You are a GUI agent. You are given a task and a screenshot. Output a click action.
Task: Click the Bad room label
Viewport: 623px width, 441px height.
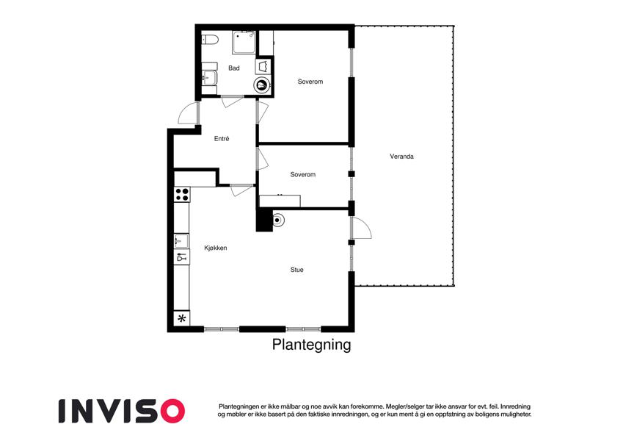point(233,68)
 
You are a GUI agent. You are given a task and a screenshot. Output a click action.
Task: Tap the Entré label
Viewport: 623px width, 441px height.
point(222,138)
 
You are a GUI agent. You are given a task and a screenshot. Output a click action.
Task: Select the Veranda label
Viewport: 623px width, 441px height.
point(401,157)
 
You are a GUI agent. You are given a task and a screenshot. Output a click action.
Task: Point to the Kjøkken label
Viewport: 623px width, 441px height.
point(215,248)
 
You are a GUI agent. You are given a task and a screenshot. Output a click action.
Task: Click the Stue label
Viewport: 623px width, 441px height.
point(296,270)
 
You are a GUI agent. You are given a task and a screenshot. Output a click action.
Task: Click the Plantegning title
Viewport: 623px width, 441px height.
point(311,344)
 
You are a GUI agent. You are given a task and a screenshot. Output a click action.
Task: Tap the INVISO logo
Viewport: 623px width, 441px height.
point(122,411)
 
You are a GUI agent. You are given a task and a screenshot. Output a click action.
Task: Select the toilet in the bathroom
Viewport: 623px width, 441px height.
point(210,40)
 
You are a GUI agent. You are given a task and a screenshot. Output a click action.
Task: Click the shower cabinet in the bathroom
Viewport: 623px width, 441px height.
point(244,42)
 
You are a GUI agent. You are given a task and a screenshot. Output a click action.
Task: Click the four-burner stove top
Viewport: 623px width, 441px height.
point(182,195)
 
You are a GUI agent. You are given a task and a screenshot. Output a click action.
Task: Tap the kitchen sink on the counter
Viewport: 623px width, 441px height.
point(181,241)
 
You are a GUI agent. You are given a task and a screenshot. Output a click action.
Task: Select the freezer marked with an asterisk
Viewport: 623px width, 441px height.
point(182,318)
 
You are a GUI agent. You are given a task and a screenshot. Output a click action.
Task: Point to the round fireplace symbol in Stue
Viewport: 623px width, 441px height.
point(277,220)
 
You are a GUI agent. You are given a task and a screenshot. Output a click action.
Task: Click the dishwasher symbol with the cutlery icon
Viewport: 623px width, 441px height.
point(181,257)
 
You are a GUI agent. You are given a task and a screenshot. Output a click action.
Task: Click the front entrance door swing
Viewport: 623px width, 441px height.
point(188,112)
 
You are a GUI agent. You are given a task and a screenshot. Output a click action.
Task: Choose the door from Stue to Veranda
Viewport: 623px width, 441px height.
point(361,228)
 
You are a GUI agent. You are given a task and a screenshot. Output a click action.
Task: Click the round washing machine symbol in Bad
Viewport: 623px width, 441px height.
point(262,85)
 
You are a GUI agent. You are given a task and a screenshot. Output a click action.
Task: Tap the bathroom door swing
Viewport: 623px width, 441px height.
point(232,102)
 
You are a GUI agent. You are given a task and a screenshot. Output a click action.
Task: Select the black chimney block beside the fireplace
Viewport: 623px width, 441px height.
point(264,220)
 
